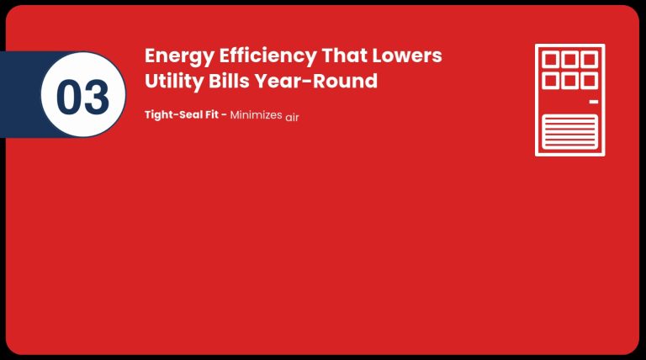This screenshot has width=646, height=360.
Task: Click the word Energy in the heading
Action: coord(179,57)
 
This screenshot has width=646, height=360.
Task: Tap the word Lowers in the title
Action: coord(407,56)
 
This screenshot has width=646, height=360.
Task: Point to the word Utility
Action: coord(174,82)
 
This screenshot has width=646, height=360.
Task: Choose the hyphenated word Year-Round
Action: coord(316,81)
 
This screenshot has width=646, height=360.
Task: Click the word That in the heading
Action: coord(344,56)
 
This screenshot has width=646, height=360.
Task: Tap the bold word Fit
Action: coord(211,114)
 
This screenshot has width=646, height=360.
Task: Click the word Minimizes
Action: coord(256,115)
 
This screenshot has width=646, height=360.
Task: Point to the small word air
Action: coord(292,118)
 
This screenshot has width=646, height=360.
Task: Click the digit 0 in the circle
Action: coord(69,97)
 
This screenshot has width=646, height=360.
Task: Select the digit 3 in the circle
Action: coord(97,97)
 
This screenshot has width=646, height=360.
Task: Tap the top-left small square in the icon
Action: coord(550,60)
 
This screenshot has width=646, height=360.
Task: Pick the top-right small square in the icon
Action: coord(590,60)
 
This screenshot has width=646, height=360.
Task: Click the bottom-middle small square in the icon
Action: coord(569,81)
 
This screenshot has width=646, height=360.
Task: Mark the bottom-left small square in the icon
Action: coord(550,81)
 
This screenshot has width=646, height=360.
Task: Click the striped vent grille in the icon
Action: coord(569,132)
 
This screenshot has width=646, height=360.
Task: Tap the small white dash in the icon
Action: coord(594,101)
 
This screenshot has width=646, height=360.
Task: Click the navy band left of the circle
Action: coord(20,94)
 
